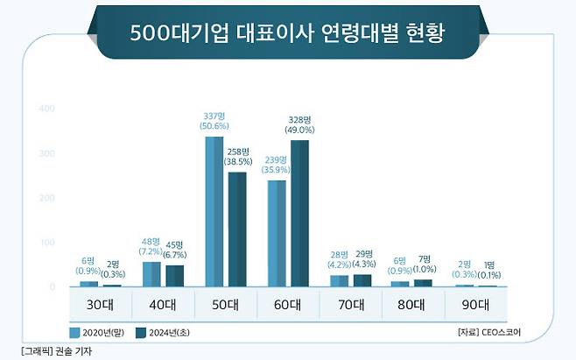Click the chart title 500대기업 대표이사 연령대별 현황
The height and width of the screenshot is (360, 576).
[x=287, y=34]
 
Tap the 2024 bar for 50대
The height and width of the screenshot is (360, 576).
[x=237, y=229]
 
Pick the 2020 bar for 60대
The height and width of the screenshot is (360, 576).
[x=277, y=233]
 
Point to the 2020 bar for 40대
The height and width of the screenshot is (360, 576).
[x=151, y=273]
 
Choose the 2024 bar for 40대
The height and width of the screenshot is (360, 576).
[x=174, y=275]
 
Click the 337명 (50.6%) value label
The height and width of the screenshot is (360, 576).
[x=214, y=121]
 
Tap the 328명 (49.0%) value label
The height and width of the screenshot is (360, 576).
[x=299, y=124]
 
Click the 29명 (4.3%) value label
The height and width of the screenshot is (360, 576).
[x=363, y=258]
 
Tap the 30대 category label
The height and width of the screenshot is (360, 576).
[x=100, y=306]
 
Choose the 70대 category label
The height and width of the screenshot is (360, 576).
[x=351, y=306]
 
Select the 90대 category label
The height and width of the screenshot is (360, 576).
[x=476, y=306]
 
